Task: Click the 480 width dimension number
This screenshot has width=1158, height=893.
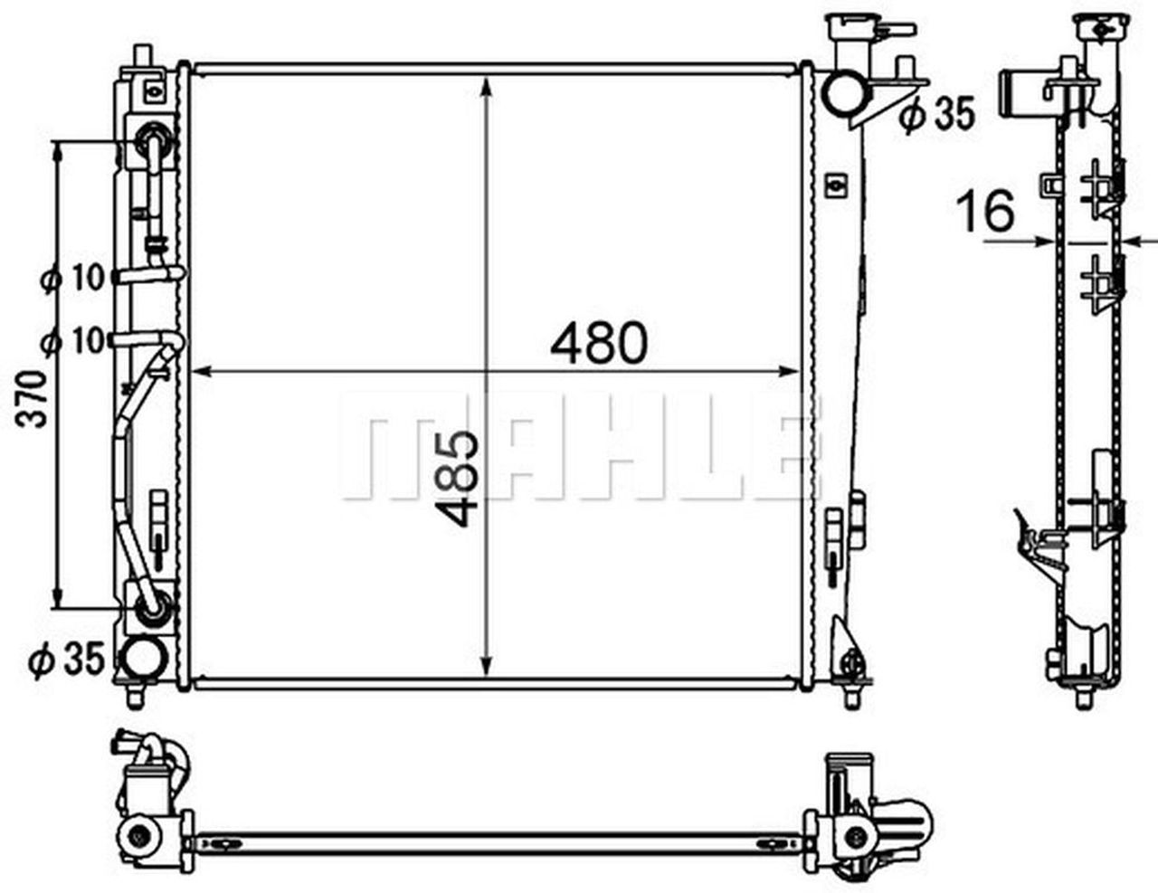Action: point(599,343)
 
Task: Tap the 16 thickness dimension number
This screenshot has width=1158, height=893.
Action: point(985,211)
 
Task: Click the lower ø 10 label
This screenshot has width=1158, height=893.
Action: point(73,341)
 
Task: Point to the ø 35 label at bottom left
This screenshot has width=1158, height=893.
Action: point(67,660)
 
